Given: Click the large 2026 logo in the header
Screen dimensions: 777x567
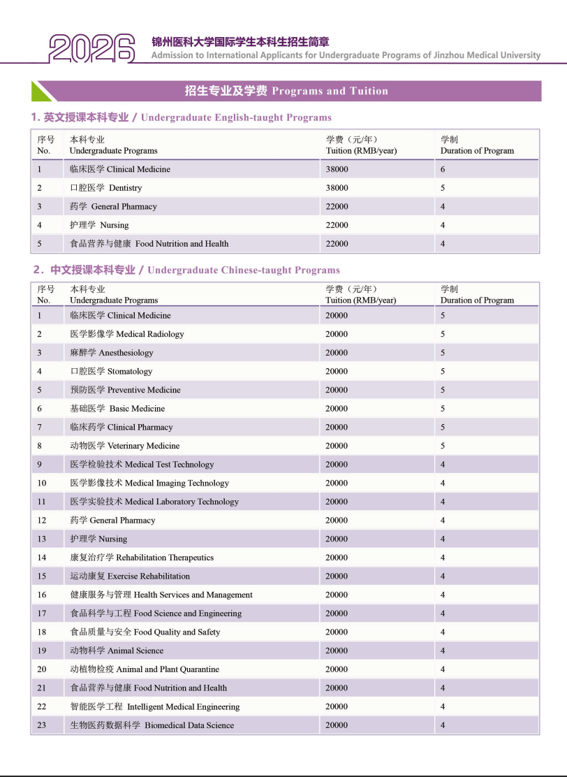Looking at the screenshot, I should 91,48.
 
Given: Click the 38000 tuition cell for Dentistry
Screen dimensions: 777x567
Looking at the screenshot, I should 337,188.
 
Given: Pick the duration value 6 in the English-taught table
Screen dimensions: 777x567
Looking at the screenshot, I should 443,169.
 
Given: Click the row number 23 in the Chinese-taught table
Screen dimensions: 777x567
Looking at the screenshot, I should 42,725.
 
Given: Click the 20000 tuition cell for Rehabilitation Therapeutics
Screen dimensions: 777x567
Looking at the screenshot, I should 337,558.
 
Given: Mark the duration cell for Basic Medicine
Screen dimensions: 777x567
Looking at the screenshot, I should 443,409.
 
